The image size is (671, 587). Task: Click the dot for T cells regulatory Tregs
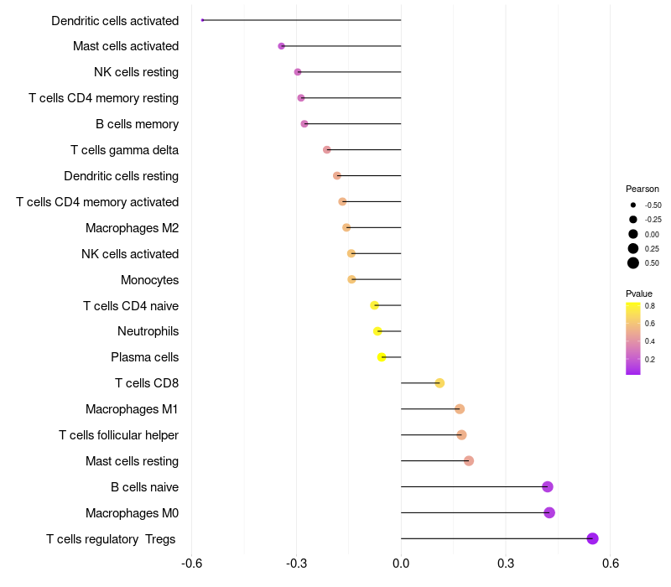592,538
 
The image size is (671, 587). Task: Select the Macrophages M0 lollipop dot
549,512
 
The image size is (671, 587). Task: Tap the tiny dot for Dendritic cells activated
202,20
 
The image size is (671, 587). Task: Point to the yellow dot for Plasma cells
382,357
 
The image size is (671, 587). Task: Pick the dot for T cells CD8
440,383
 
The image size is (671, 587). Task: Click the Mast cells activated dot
281,46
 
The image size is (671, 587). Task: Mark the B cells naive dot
548,486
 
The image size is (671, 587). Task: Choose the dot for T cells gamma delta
326,150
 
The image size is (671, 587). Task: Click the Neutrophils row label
148,331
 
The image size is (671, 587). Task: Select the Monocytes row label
150,280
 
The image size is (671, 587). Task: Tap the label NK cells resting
136,72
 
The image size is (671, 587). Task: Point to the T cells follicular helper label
118,435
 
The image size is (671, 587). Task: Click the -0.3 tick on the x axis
297,563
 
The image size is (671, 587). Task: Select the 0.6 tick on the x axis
611,563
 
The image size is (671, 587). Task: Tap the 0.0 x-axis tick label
401,563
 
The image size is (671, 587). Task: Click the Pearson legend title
642,190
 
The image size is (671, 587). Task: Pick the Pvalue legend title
639,293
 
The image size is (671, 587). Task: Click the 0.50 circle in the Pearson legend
633,263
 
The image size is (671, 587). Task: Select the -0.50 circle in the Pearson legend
633,205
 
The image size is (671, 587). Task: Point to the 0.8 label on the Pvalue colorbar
649,306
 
